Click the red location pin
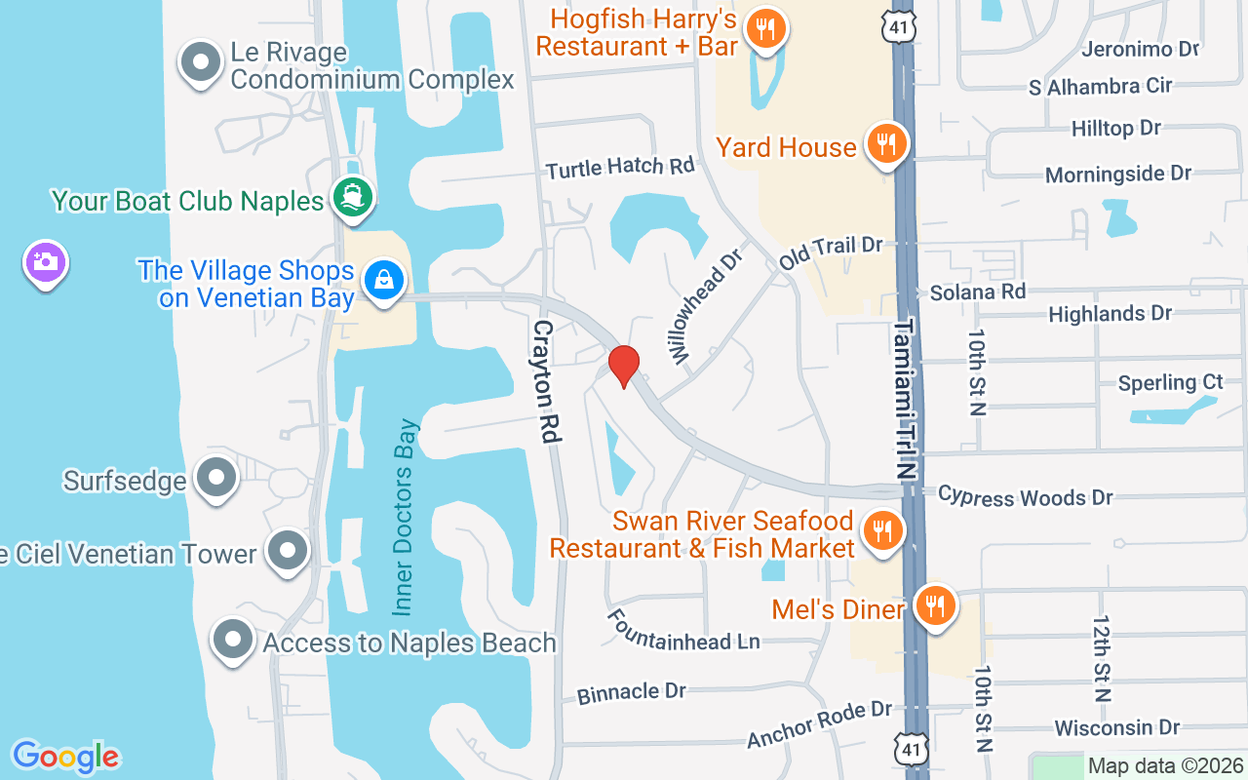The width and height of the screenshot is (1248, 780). point(624,366)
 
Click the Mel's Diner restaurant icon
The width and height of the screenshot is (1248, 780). point(935,607)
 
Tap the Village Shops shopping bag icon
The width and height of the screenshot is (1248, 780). point(385,281)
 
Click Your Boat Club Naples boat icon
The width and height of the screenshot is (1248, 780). point(353,198)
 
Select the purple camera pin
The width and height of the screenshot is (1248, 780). point(45,262)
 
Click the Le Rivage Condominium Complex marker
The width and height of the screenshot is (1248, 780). point(201,63)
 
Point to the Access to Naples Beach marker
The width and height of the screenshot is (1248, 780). point(233,641)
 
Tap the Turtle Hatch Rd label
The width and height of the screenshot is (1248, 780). point(620,168)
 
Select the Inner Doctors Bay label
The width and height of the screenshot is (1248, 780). point(405,517)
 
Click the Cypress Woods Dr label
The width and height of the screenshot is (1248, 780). point(1025,496)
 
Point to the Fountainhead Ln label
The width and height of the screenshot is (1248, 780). point(682,630)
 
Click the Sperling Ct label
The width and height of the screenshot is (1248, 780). point(1170,382)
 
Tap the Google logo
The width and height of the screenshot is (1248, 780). point(65,757)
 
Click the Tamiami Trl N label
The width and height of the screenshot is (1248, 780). point(907,400)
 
